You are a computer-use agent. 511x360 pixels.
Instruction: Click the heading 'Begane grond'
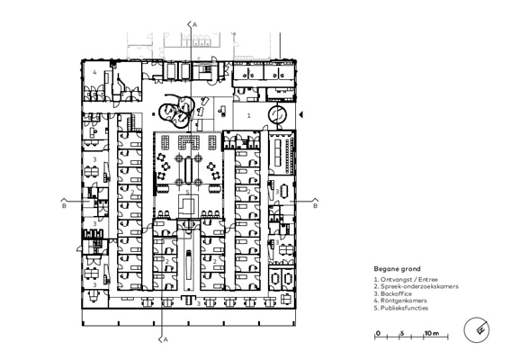tap(397, 269)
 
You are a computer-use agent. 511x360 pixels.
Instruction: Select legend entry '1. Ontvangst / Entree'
tap(406, 280)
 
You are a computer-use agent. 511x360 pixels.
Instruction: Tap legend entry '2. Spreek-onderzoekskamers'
tap(417, 286)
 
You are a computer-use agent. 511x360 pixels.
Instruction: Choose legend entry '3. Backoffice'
tap(393, 293)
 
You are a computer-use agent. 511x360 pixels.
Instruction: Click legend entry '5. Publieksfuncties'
tap(401, 308)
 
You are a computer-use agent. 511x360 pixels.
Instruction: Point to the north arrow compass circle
tap(477, 330)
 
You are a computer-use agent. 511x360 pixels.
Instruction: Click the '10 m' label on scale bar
tap(432, 333)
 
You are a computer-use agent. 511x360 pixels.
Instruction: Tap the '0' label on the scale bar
tap(378, 333)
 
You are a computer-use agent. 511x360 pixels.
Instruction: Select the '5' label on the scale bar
tap(402, 333)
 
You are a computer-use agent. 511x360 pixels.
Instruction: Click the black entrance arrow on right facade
tap(301, 115)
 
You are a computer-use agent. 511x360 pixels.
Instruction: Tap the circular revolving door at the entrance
tap(278, 114)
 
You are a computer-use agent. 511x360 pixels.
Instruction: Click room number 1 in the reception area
tap(249, 115)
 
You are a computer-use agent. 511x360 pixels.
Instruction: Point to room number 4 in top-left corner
tap(94, 72)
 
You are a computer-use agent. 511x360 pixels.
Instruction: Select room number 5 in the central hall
tap(187, 192)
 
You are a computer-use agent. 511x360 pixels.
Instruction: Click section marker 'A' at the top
tap(195, 25)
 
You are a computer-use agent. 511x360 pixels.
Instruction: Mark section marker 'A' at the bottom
tap(166, 340)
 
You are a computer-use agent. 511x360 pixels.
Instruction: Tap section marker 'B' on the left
tap(64, 206)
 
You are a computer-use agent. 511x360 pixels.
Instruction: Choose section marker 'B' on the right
tap(315, 206)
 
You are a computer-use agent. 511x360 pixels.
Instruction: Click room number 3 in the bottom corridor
tap(199, 304)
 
